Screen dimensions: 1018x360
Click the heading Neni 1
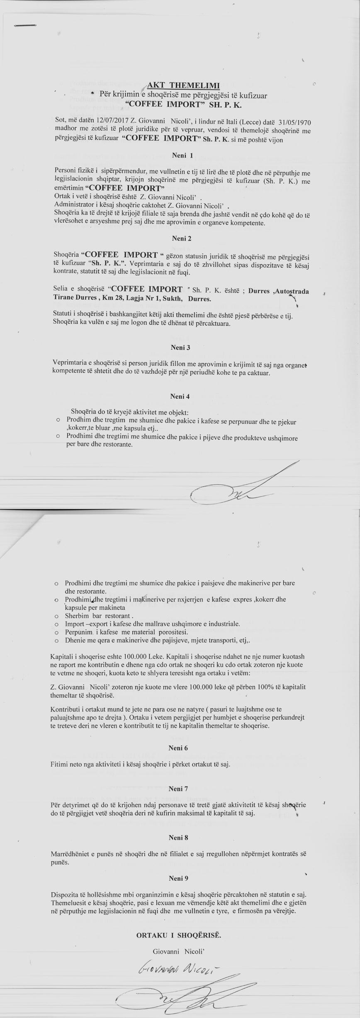182,156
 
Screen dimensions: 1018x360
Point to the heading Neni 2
181,239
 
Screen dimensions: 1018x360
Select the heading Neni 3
180,347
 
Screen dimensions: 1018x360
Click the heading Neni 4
180,396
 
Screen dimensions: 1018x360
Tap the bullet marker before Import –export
56,624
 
